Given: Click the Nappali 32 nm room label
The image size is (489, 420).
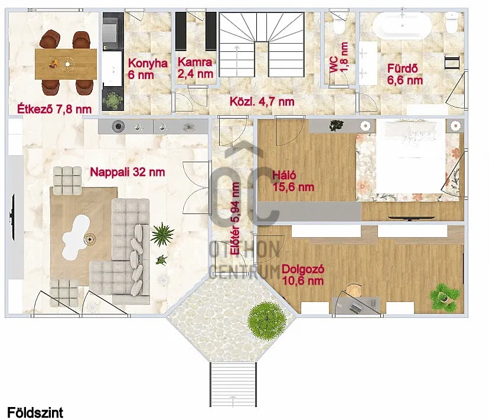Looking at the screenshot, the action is click(127, 172).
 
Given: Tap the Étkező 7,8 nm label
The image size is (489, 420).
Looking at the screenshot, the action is click(54, 109).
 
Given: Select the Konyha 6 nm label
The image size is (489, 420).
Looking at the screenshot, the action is click(148, 69).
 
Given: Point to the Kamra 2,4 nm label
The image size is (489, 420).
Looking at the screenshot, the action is click(195, 68).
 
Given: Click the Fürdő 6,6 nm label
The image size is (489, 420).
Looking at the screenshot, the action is click(405, 74).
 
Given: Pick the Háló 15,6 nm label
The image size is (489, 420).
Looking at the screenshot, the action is click(293, 181).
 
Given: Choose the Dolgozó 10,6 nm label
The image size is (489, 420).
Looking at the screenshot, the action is click(303, 275).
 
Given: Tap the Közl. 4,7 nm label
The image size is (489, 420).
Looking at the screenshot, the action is click(262, 101).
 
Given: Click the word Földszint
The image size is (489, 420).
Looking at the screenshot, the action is click(35, 412).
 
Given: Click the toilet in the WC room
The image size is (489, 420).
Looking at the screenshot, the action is click(338, 24).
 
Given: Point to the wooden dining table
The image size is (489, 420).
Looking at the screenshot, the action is click(66, 64).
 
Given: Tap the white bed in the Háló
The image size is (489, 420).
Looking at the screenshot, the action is click(410, 157).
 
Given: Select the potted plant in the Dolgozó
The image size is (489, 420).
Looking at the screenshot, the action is click(444, 297).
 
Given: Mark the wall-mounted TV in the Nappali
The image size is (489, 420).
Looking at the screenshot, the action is click(13, 217).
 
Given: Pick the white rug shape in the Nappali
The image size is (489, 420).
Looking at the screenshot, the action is click(76, 233).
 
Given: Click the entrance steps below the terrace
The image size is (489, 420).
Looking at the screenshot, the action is click(233, 385).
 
